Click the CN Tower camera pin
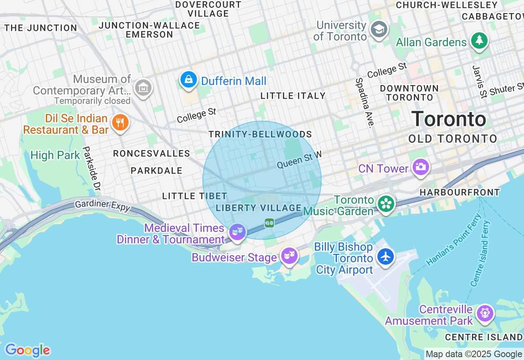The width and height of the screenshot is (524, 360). click(x=420, y=167)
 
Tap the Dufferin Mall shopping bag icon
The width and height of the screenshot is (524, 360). click(x=189, y=79)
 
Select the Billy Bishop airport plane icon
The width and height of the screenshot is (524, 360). click(x=386, y=257)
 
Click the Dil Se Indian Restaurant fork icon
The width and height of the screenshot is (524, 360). click(x=120, y=122)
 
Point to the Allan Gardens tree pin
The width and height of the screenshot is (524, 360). click(x=479, y=40)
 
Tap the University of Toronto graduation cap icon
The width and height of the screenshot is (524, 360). click(x=379, y=29)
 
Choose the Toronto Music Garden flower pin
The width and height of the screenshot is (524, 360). click(x=386, y=204)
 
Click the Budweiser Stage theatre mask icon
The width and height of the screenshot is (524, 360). click(x=289, y=256)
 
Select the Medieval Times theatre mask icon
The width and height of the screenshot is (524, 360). click(x=237, y=232)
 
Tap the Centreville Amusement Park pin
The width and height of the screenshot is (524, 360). click(x=485, y=313)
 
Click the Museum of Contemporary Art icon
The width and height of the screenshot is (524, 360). click(x=143, y=87)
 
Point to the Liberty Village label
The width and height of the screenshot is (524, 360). click(x=259, y=208)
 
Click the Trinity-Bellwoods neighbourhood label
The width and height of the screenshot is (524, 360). click(x=260, y=135)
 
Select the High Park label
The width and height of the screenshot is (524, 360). click(x=55, y=155)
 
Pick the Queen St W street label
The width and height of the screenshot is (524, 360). click(x=299, y=160)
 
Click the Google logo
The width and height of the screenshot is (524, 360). click(x=27, y=351)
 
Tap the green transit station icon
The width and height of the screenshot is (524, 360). click(x=269, y=223)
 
